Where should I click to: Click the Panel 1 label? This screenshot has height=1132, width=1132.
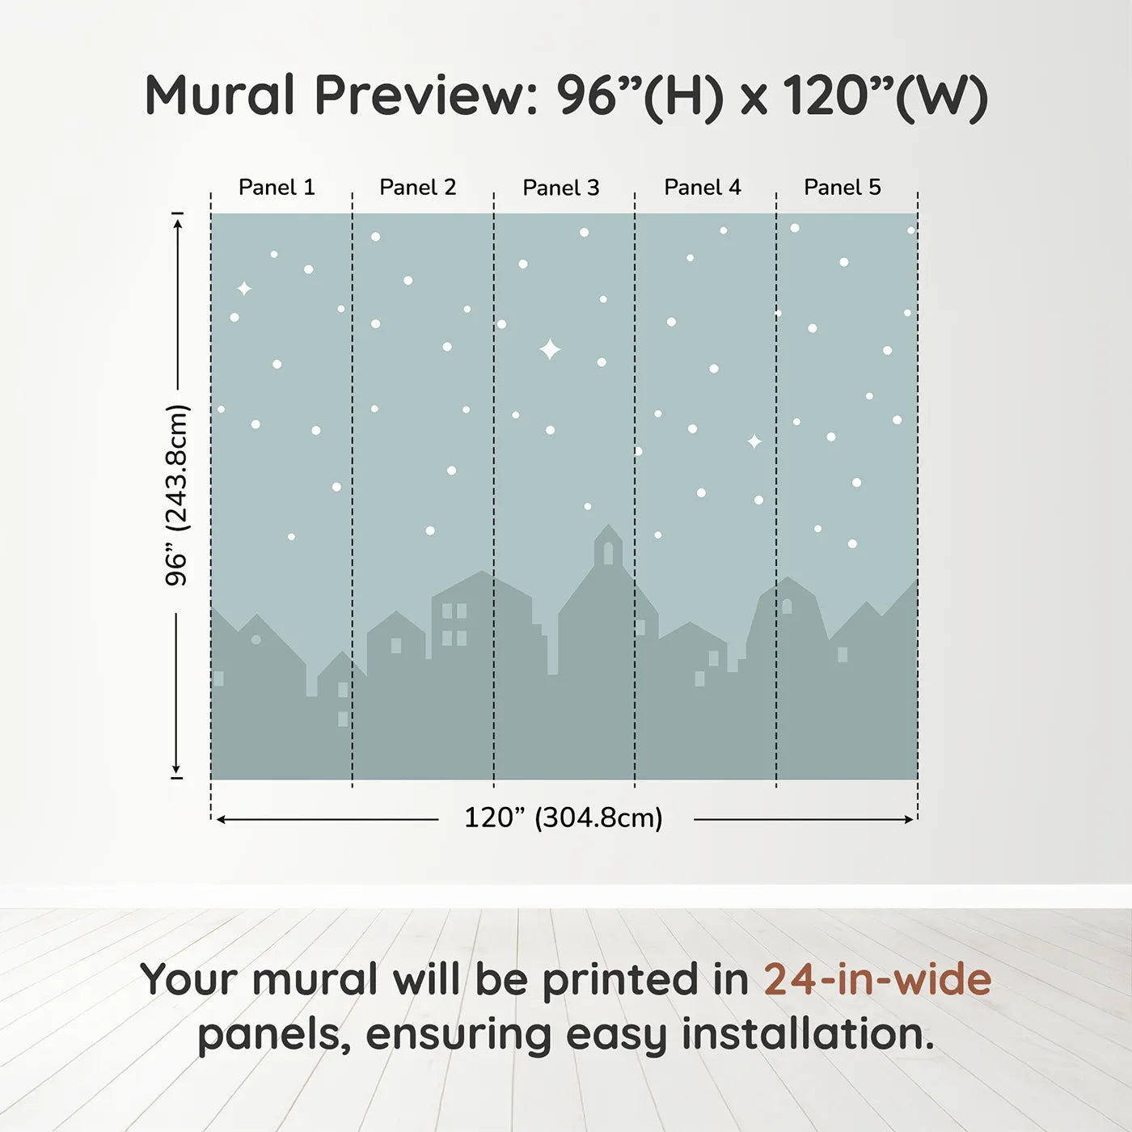point(277,188)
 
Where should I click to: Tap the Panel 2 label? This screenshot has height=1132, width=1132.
point(418,188)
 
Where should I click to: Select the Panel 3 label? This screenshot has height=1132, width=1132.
point(561,188)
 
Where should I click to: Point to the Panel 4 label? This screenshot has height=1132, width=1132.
point(703,188)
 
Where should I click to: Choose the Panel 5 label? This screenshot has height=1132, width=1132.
point(843,188)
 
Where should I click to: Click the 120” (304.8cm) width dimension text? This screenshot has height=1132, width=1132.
point(564,818)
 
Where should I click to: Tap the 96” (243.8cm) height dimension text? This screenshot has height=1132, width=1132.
point(176,495)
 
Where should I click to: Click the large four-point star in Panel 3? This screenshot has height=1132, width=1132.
point(550,349)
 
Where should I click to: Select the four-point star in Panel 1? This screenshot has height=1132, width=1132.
point(243,289)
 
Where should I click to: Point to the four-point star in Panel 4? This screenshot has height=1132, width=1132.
point(754,441)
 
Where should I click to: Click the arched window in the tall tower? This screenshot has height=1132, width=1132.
point(608,553)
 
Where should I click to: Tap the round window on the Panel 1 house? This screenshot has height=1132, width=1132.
point(256,640)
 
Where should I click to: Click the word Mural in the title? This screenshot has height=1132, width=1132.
point(220,95)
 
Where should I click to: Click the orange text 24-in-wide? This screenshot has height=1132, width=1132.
point(877,979)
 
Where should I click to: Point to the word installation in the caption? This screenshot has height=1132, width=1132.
point(809,1034)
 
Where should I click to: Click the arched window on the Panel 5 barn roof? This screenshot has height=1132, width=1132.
point(787,606)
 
